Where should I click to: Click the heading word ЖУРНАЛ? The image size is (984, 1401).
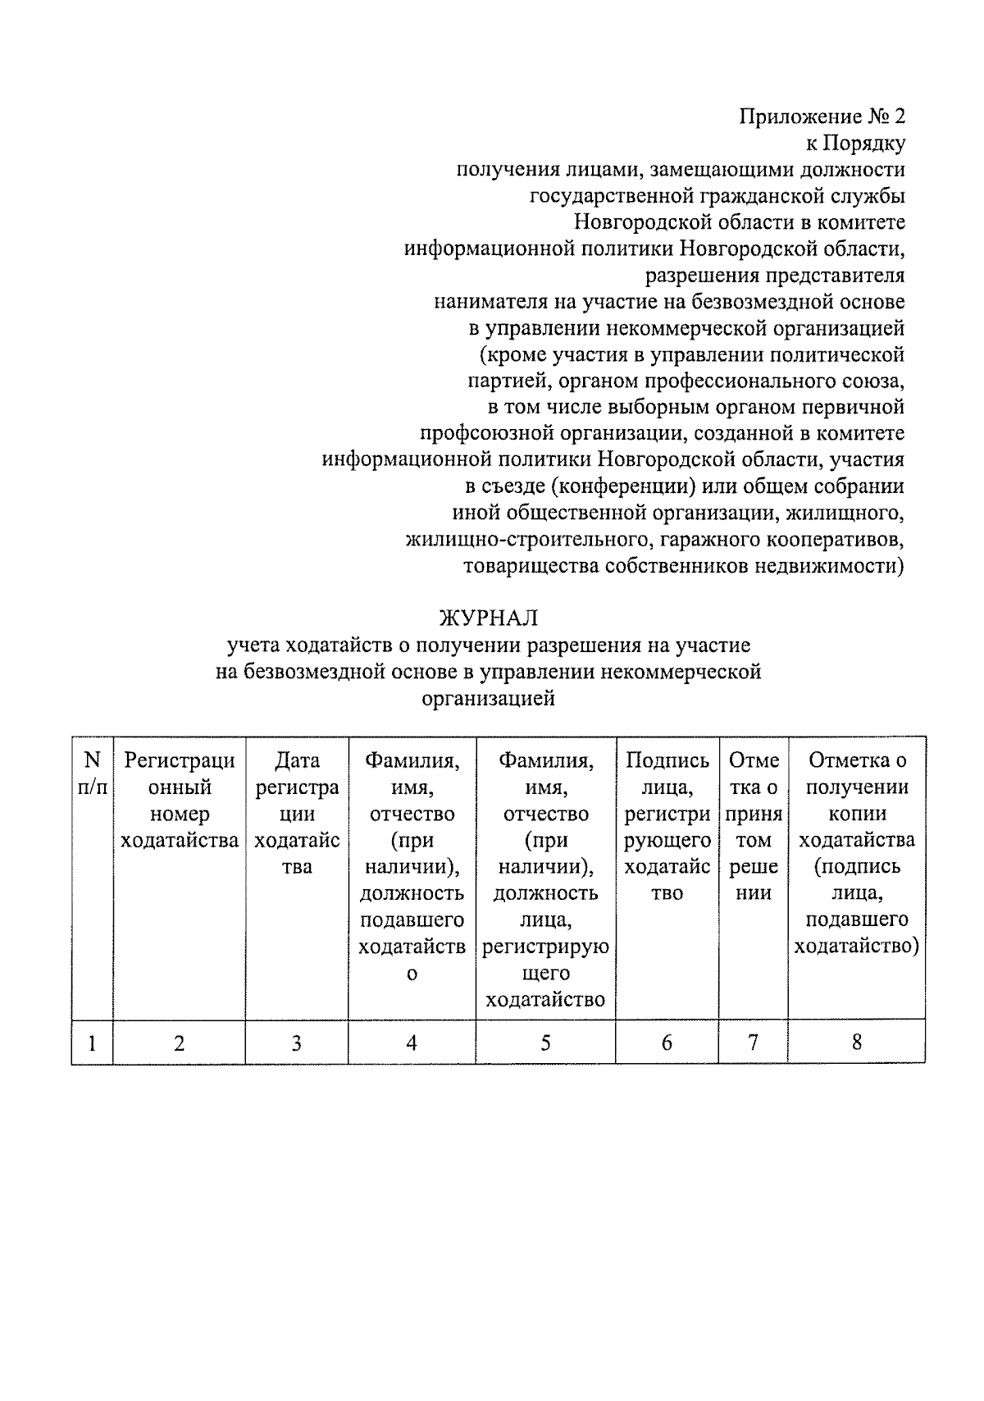[489, 618]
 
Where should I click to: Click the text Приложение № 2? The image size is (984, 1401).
[822, 116]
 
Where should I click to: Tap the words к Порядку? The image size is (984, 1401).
[855, 144]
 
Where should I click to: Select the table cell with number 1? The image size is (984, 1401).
[92, 1043]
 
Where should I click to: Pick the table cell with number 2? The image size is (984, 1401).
[179, 1043]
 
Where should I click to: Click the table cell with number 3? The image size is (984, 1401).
[296, 1043]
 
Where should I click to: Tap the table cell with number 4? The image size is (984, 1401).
[412, 1043]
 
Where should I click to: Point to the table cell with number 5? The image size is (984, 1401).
[545, 1043]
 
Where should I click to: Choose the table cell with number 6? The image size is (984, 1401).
[667, 1043]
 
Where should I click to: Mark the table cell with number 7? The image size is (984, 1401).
[753, 1043]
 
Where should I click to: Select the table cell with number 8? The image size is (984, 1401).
[857, 1043]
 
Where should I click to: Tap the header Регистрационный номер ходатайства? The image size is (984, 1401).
[179, 801]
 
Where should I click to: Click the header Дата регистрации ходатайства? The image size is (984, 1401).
[296, 814]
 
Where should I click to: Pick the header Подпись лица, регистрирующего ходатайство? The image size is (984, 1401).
[667, 827]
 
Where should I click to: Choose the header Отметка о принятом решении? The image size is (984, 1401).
[753, 827]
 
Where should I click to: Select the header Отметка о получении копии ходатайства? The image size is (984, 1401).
[857, 853]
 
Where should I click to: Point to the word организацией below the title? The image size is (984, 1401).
[489, 699]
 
